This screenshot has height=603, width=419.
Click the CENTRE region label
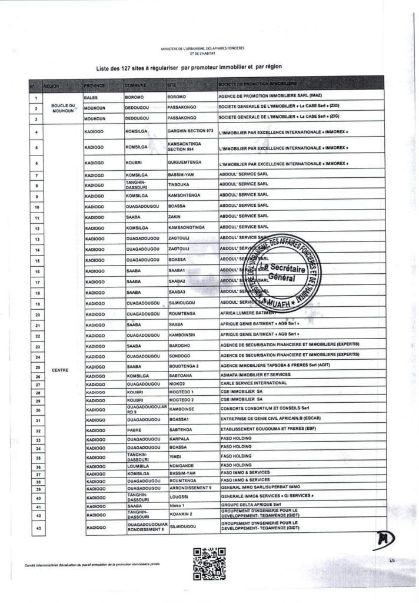point(61,370)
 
